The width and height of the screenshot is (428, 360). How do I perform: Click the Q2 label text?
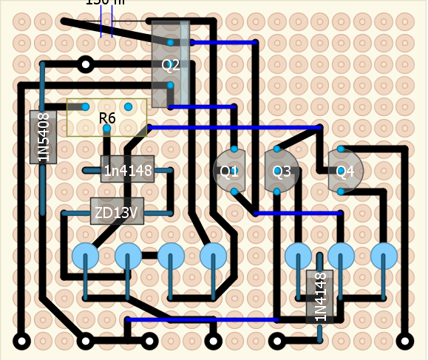coord(171,65)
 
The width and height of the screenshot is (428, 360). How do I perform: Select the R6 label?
coord(107,118)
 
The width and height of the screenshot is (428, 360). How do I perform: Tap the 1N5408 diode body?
coord(43,137)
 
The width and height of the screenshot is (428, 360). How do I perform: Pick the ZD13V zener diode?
coord(117,214)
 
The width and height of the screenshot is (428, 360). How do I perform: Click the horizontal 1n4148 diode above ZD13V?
coord(127,171)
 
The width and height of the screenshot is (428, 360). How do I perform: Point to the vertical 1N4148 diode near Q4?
coord(320,296)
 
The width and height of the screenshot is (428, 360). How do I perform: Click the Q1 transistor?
coord(231,172)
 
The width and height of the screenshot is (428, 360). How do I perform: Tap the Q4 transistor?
coord(345,171)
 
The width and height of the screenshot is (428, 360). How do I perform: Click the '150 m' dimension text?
coord(105,2)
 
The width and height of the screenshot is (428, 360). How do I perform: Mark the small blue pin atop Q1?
coord(234,150)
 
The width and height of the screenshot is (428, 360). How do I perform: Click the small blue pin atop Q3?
coord(277,150)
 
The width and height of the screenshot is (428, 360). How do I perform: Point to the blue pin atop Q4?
coord(342,150)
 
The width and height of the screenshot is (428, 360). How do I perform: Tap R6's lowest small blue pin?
coord(107,129)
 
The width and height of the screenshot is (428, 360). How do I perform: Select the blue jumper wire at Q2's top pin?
coord(214,43)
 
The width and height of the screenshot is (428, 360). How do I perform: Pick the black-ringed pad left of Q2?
coord(86,65)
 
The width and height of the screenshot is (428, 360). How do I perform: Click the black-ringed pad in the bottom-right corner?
coord(405,342)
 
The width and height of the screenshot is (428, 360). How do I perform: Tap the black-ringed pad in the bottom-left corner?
coord(21,342)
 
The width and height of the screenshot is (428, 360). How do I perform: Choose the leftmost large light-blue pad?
coord(86,257)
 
